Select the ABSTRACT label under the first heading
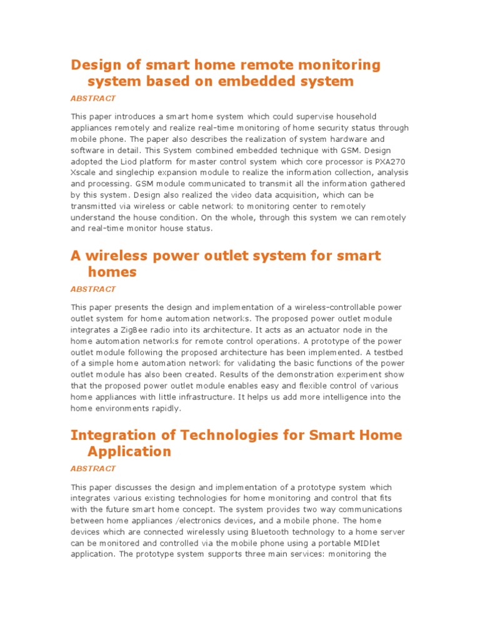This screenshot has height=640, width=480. click(93, 98)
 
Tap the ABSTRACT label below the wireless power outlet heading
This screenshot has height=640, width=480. click(93, 289)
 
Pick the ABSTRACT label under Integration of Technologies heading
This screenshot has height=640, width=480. click(93, 468)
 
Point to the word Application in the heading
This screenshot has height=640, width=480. click(129, 451)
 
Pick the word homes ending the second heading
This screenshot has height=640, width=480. click(112, 272)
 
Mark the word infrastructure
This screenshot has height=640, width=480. click(221, 397)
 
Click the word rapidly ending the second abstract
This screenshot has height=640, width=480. click(164, 408)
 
